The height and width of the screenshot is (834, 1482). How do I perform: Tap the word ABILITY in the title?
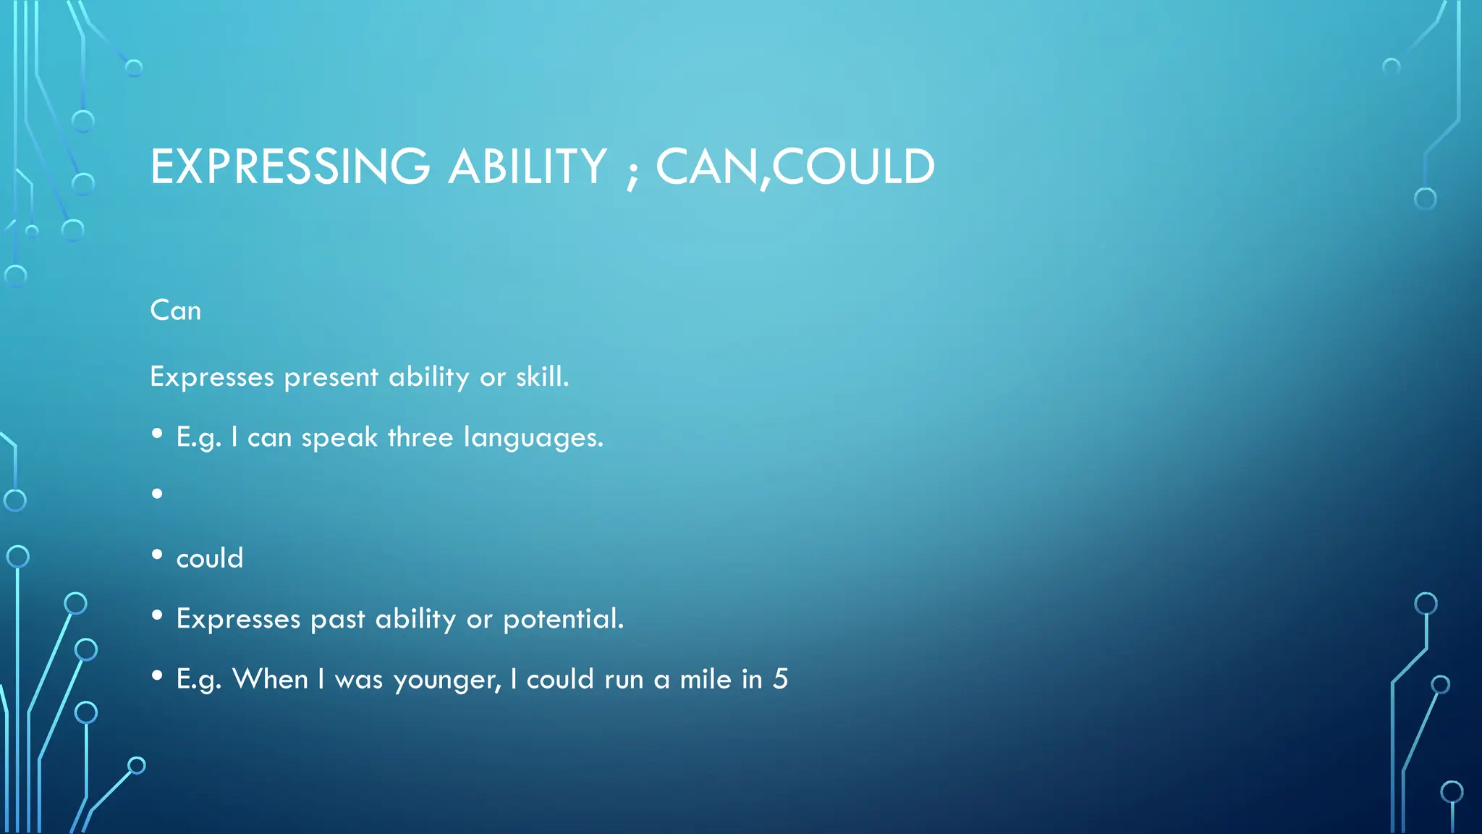pos(528,167)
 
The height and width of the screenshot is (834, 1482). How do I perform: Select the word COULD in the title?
pos(854,167)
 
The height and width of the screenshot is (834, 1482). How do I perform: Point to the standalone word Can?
pos(175,311)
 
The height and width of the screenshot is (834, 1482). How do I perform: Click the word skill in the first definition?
pos(542,376)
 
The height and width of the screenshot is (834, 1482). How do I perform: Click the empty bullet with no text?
pos(157,494)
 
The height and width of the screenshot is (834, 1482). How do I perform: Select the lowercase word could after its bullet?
pos(210,558)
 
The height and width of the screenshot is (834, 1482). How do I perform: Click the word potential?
pos(563,620)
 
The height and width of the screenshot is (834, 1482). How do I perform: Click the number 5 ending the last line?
pos(780,679)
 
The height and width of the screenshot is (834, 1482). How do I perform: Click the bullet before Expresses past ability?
pos(157,615)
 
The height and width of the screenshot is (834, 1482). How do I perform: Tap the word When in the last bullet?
pos(270,679)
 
